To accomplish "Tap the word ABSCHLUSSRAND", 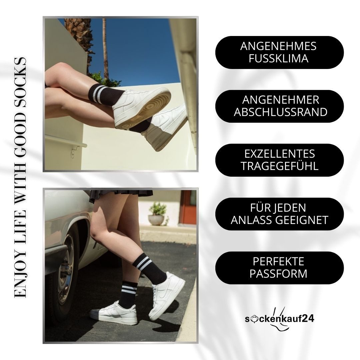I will coord(280,112).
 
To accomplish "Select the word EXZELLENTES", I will coord(280,154).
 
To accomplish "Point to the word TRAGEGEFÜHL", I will coord(280,166).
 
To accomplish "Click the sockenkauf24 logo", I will coord(279,319).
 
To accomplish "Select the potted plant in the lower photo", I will coord(157,213).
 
